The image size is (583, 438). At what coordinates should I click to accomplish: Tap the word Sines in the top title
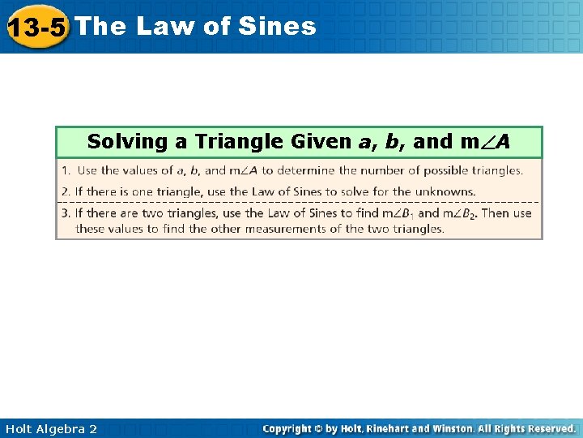click(x=278, y=27)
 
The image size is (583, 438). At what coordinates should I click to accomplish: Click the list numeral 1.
click(x=66, y=170)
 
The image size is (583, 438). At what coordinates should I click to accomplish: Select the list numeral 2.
click(x=66, y=191)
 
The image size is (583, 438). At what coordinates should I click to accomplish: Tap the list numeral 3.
click(x=66, y=213)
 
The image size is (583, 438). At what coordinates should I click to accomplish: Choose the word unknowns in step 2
click(x=448, y=191)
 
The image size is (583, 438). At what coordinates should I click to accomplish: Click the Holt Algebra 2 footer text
click(x=49, y=428)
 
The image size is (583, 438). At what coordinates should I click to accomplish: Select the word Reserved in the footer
click(x=550, y=428)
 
